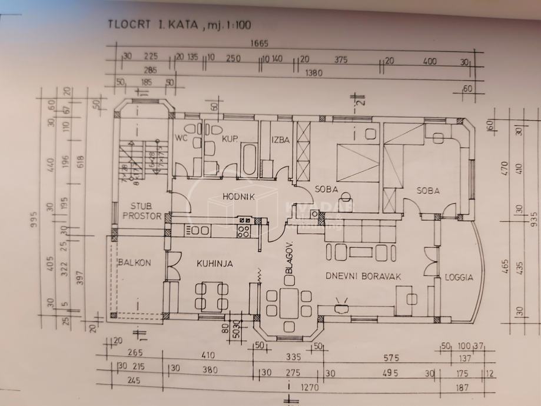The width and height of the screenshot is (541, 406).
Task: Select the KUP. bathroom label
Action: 229,139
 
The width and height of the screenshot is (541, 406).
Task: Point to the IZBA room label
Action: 280,139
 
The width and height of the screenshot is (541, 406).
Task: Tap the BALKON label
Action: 134,263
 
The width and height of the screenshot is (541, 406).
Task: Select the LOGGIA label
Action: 459,277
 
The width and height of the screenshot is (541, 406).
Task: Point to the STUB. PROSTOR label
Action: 141,211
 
